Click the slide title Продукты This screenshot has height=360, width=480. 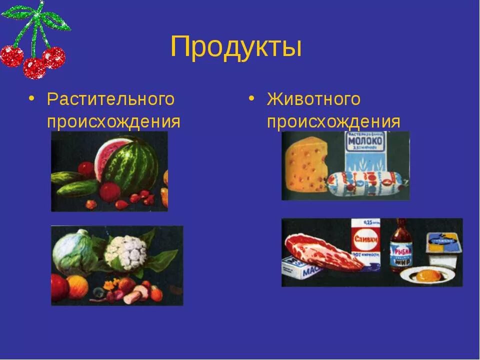click(235, 47)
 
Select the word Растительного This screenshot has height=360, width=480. click(111, 99)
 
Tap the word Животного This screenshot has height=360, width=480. click(313, 99)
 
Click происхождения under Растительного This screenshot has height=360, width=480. click(113, 121)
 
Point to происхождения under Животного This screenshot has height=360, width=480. click(333, 121)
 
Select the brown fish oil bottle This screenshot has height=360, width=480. click(401, 245)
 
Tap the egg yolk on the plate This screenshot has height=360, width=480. click(425, 274)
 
